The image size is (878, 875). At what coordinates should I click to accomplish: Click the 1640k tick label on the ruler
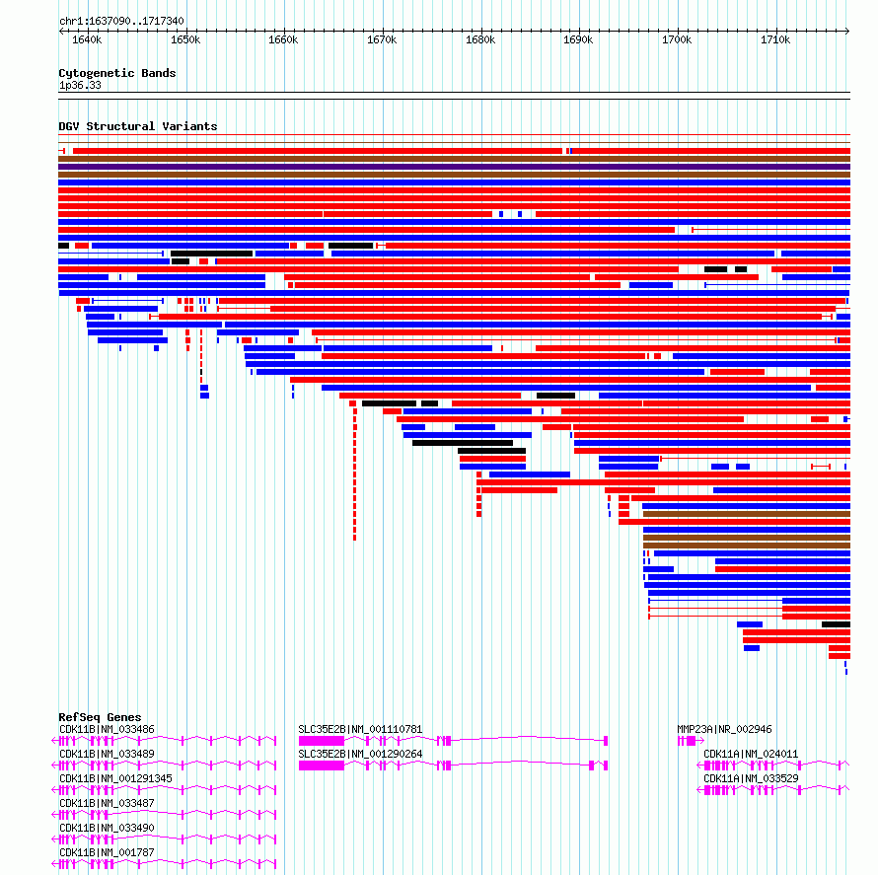pyautogui.click(x=87, y=40)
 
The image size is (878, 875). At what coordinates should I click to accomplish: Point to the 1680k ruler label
pyautogui.click(x=480, y=40)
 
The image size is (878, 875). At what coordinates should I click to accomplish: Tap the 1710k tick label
pyautogui.click(x=775, y=40)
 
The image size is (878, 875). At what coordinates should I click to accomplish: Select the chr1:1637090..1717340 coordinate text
pyautogui.click(x=121, y=22)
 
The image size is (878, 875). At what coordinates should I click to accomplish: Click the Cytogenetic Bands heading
pyautogui.click(x=117, y=73)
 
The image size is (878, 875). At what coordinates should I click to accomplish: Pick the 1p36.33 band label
pyautogui.click(x=80, y=85)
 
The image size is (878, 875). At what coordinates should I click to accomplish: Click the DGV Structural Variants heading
pyautogui.click(x=138, y=126)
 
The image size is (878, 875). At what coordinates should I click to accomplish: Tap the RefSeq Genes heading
pyautogui.click(x=100, y=717)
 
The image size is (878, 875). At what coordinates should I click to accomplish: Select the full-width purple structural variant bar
pyautogui.click(x=454, y=167)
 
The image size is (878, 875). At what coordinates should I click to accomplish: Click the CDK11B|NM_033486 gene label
pyautogui.click(x=107, y=729)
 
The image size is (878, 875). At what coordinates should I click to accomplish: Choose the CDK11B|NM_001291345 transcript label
pyautogui.click(x=115, y=778)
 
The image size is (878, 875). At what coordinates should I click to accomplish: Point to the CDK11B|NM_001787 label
pyautogui.click(x=107, y=852)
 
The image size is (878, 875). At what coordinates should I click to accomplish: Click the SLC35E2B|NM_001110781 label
pyautogui.click(x=360, y=729)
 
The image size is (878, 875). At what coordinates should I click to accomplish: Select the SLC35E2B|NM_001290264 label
pyautogui.click(x=360, y=754)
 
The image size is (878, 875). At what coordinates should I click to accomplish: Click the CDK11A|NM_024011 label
pyautogui.click(x=751, y=754)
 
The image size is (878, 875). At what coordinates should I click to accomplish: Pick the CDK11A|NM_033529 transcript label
pyautogui.click(x=751, y=778)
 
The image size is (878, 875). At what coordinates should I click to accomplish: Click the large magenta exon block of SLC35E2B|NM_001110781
pyautogui.click(x=322, y=741)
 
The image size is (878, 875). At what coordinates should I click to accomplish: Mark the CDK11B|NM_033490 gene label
pyautogui.click(x=107, y=828)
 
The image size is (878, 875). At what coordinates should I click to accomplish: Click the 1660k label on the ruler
pyautogui.click(x=283, y=40)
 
